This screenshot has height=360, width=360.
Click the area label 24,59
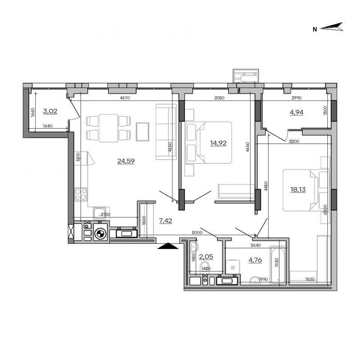(x=126, y=161)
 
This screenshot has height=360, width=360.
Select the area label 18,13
(x=298, y=190)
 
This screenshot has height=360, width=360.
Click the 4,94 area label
(x=297, y=112)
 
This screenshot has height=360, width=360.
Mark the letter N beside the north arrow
(x=315, y=30)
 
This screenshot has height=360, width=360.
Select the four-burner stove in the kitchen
(x=81, y=194)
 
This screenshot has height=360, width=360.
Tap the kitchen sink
(x=99, y=213)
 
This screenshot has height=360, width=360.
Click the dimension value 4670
(x=125, y=98)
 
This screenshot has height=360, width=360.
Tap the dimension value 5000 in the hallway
(x=197, y=233)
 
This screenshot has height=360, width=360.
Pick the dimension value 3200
(x=294, y=141)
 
